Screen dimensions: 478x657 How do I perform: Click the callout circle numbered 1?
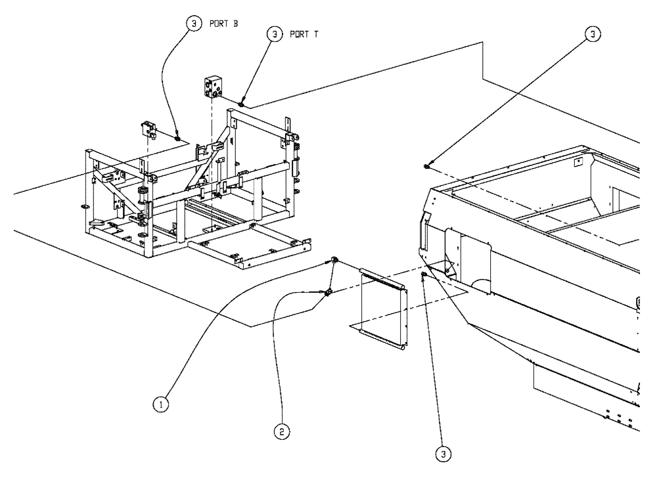[x=159, y=405]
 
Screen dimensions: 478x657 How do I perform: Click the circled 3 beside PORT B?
[x=193, y=23]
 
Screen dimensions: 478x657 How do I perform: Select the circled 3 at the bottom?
[x=445, y=452]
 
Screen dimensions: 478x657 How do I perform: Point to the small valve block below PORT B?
[x=148, y=129]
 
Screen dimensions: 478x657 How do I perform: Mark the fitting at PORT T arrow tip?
[x=242, y=103]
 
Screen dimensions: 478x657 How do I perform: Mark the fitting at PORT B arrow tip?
[x=177, y=139]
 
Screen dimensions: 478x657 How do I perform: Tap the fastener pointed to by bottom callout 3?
[x=424, y=274]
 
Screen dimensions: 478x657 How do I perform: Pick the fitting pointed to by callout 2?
[x=327, y=293]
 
